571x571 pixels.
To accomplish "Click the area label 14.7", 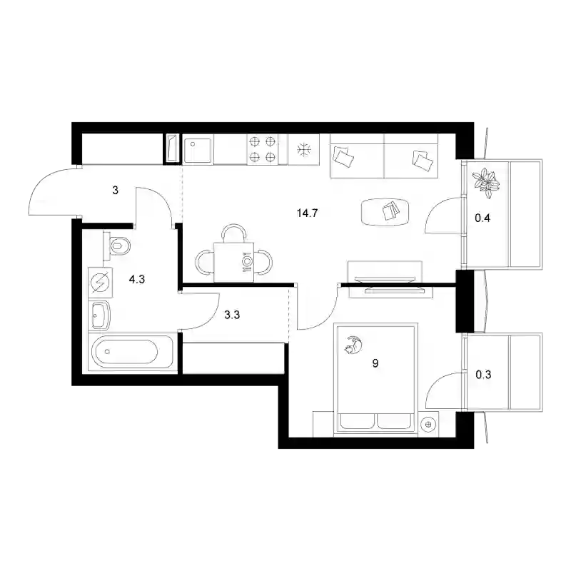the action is click(x=307, y=213).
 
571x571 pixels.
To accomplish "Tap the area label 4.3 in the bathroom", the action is click(x=137, y=279).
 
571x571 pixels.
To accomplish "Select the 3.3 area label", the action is click(x=232, y=315).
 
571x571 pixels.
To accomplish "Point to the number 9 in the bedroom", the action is click(x=375, y=363).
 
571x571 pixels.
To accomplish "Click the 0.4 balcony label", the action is click(x=482, y=218).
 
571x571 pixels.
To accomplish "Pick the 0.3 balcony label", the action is click(x=483, y=374).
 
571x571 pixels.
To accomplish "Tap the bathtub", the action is click(x=133, y=352).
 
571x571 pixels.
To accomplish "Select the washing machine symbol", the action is click(x=101, y=283).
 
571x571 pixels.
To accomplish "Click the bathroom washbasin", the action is click(x=99, y=315).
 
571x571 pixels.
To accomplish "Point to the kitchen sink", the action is click(x=198, y=150).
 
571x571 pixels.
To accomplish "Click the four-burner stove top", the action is click(x=262, y=149).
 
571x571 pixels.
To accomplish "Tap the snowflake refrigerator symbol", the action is click(x=304, y=149).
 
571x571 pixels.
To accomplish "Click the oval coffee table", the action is click(x=385, y=212).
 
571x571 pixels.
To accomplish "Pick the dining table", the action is click(x=234, y=262).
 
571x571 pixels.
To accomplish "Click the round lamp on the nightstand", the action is click(x=428, y=424).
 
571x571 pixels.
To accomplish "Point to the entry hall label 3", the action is click(x=115, y=190).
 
